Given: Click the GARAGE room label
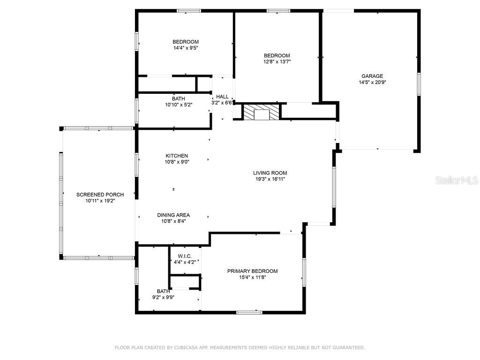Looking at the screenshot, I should (x=372, y=76).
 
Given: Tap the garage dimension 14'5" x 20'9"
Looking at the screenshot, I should (x=372, y=82).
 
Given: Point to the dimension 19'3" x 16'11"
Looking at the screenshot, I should (x=270, y=179).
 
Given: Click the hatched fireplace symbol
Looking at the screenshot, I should (x=261, y=113).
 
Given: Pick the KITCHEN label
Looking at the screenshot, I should (x=177, y=156).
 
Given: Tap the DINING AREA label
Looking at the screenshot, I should (x=173, y=216).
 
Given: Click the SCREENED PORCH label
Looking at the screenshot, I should (x=100, y=195).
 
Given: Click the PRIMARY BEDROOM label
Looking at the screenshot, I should (x=252, y=271).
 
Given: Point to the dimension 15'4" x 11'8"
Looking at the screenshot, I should (x=252, y=277).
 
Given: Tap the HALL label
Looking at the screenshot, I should (x=222, y=97).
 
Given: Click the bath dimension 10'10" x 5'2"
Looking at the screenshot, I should (x=178, y=105).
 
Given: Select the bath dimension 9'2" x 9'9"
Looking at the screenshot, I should (x=163, y=297).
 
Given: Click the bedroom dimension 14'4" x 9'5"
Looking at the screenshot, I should (x=185, y=48).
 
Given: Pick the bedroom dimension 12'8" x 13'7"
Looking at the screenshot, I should (x=277, y=61).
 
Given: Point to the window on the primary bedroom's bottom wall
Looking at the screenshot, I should (x=249, y=312).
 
